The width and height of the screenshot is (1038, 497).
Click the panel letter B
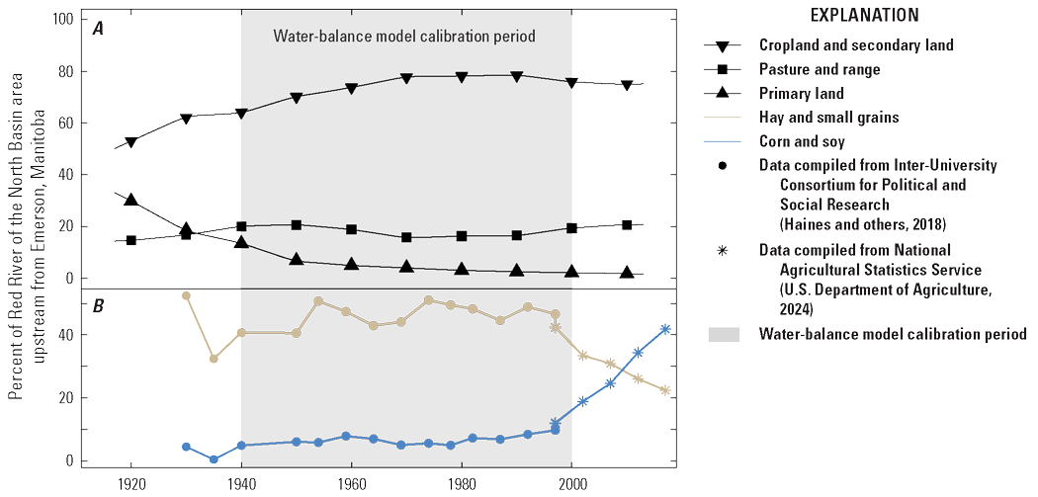coord(99,305)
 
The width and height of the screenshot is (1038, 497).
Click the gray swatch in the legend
coord(724,334)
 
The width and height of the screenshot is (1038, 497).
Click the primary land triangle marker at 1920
coord(130,201)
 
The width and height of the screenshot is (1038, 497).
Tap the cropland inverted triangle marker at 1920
coord(130,142)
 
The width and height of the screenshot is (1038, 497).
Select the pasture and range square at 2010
coord(627,224)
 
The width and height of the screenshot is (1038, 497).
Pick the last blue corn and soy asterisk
coord(665,329)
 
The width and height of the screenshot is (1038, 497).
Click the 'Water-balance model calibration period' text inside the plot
coord(403,37)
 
